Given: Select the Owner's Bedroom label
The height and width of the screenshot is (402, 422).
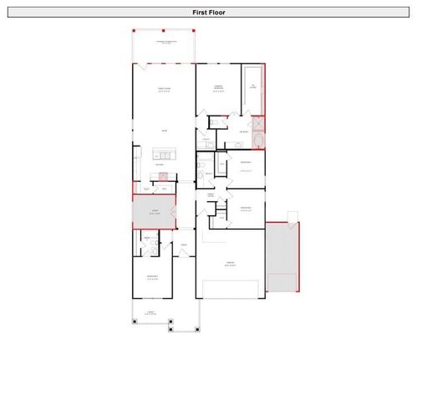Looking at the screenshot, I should [x=217, y=89].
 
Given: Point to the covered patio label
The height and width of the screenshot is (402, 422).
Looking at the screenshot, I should [x=165, y=42].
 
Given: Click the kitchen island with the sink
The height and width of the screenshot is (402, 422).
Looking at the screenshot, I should [x=163, y=154].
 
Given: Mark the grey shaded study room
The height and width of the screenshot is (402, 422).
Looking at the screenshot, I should [x=154, y=213].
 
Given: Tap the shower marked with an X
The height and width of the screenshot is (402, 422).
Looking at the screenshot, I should [x=258, y=122].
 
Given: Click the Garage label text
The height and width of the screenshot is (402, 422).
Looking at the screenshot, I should [x=230, y=264].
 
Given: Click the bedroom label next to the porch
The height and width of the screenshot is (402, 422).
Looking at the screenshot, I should [x=152, y=277].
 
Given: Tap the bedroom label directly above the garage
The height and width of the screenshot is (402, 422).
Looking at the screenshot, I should [x=246, y=209].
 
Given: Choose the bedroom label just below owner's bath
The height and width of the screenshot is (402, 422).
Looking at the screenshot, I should [x=246, y=163].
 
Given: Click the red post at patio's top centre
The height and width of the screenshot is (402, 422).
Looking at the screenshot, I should [x=165, y=30].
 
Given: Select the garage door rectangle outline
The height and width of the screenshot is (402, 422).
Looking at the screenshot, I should [x=230, y=290].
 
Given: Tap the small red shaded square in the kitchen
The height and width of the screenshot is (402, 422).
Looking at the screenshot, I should [x=164, y=176].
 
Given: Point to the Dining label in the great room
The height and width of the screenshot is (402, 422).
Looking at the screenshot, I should [x=164, y=131].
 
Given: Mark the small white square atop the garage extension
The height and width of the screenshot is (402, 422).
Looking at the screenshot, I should [x=292, y=216].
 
